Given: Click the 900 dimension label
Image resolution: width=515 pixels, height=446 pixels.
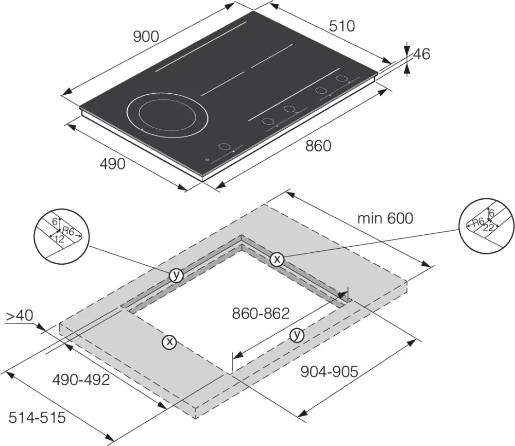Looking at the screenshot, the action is (146, 37).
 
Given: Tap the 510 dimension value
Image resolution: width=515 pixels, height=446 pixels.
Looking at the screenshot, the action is (342, 26).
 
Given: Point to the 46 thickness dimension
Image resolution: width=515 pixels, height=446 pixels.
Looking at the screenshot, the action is (421, 54).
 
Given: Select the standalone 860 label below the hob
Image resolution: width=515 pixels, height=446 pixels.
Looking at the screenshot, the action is (318, 146).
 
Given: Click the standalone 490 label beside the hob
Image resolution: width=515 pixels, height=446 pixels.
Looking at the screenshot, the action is (112, 164).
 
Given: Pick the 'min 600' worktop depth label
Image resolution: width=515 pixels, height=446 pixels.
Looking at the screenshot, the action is (385, 218).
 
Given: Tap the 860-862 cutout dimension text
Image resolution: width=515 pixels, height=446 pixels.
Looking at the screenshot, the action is (261, 313).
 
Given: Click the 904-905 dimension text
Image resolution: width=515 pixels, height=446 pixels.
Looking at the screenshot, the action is (329, 372).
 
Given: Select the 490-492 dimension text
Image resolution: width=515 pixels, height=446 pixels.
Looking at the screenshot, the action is (81, 380).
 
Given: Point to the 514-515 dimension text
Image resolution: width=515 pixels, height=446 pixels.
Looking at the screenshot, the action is (37, 418).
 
